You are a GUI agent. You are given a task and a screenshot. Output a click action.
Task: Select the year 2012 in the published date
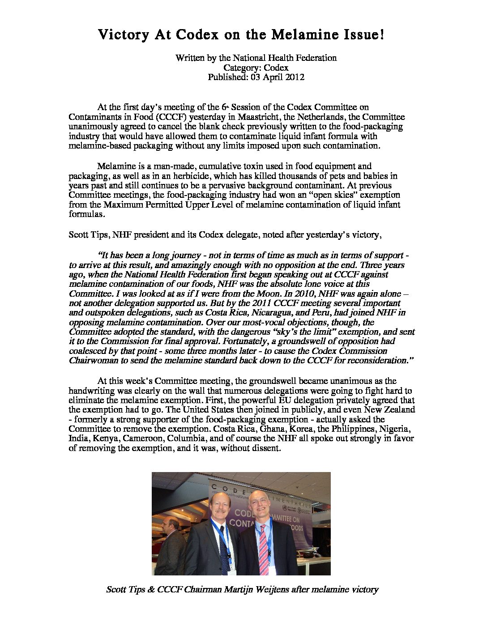point(295,77)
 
